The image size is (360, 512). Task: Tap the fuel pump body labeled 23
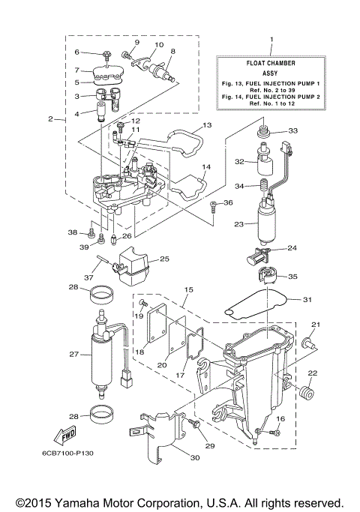pos(265,220)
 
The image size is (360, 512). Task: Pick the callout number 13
pos(207,124)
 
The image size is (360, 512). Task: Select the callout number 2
pos(51,119)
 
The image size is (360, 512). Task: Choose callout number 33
pos(292,131)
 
